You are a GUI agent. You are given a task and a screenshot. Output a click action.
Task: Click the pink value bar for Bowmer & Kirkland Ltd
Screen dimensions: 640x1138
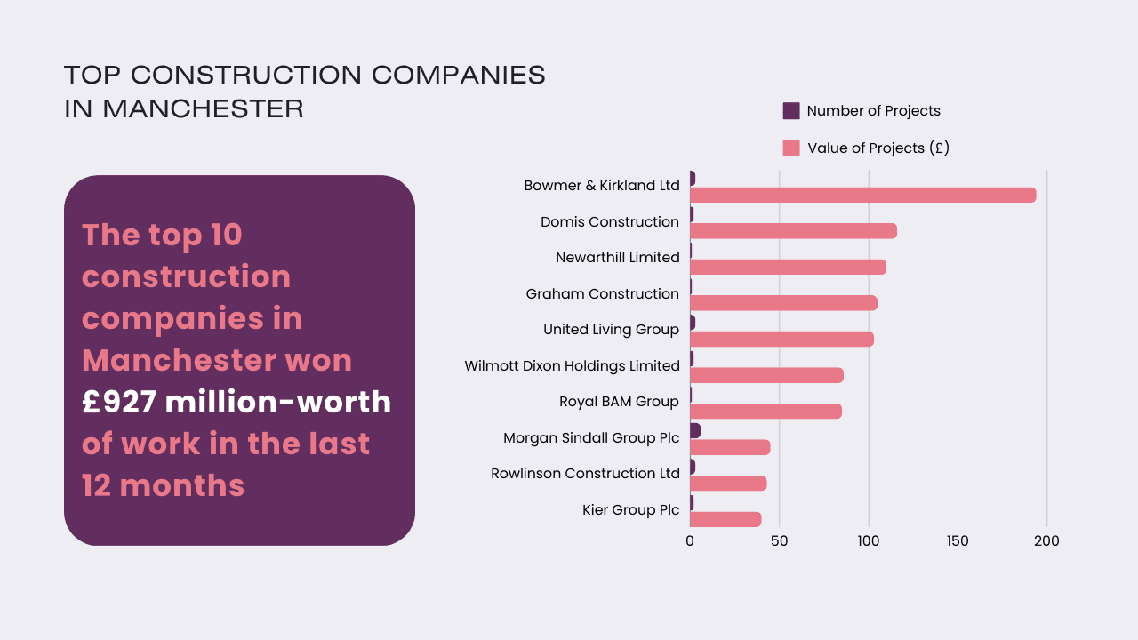862,195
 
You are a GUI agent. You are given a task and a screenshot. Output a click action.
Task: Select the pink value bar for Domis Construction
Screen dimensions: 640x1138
793,231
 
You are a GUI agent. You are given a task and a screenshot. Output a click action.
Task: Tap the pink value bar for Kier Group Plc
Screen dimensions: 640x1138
725,519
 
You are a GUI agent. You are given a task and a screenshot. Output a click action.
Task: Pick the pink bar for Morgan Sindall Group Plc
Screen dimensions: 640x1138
730,447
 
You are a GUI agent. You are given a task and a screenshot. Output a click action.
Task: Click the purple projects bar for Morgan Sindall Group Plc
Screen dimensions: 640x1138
695,430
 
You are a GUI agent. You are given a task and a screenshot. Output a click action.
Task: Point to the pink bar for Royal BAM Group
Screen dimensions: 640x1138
765,412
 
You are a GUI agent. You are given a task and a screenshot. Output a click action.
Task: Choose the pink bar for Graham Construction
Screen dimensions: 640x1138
783,303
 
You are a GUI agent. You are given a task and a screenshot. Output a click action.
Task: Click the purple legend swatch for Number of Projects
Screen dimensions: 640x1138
791,111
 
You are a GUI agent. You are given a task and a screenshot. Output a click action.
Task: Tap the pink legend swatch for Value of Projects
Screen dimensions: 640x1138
791,148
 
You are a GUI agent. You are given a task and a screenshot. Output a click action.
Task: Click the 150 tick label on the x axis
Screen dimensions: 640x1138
958,540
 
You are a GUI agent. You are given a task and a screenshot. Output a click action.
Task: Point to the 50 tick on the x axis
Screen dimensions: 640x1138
779,540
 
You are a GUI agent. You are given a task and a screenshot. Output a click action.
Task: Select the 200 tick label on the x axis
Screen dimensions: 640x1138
1046,540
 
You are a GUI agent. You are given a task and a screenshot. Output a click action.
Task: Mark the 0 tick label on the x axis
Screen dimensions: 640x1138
690,540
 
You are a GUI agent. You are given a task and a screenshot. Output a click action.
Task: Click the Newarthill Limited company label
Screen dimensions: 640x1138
617,258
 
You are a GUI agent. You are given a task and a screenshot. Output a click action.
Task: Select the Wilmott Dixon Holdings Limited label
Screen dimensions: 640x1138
572,365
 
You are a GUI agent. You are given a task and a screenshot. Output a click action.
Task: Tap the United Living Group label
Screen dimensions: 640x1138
611,330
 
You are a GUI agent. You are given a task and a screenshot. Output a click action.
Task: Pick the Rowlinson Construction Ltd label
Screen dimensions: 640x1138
585,474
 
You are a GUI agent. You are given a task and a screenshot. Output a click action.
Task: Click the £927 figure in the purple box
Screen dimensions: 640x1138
119,402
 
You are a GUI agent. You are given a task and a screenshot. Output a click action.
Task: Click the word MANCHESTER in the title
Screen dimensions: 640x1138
203,108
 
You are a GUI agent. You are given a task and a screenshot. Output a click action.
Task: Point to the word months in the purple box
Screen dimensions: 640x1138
181,485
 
